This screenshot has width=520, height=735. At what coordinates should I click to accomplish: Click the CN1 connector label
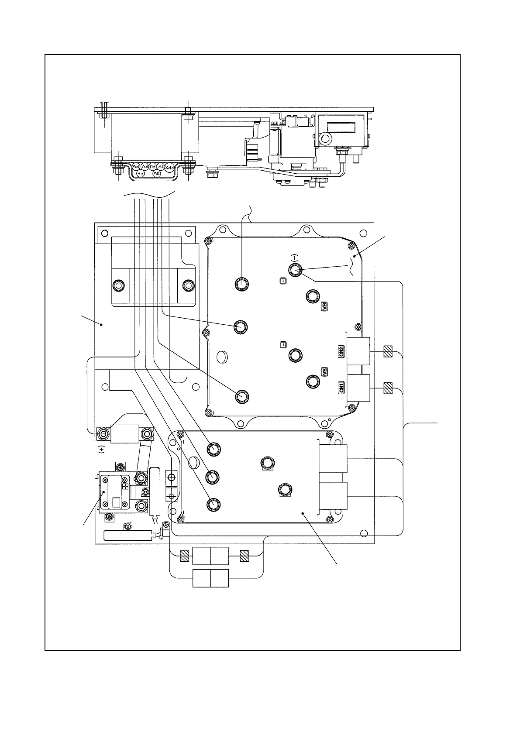[x=342, y=387]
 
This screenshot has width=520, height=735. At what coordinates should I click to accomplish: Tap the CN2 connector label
[x=342, y=352]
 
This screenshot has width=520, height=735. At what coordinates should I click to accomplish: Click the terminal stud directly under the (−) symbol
[x=295, y=269]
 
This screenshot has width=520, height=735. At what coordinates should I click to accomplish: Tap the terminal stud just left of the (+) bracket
[x=104, y=434]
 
